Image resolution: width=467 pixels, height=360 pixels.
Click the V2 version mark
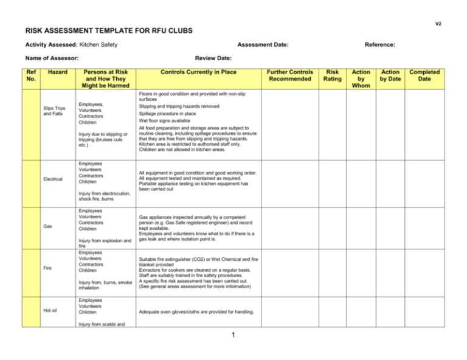pos(438,24)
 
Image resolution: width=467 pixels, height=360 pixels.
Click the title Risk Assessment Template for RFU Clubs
pos(109,30)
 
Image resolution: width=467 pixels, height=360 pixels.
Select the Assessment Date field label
pos(263,44)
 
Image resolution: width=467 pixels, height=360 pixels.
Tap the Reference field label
pos(379,44)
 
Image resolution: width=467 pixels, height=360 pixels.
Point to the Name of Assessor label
pos(52,58)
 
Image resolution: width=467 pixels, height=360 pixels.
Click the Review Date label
pos(213,58)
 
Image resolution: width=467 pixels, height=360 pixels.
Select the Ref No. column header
pos(32,75)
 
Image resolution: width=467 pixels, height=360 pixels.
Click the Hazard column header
pos(58,72)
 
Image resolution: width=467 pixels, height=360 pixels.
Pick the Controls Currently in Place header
pos(198,72)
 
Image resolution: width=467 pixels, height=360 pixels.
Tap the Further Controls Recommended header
pos(291,75)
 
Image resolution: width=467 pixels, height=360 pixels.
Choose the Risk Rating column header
pos(333,75)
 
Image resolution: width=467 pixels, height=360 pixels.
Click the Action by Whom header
pos(361,79)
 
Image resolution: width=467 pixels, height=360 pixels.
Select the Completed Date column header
pos(424,75)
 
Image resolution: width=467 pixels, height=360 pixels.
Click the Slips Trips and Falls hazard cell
pos(54,111)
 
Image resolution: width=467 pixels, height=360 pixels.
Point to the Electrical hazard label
pos(52,179)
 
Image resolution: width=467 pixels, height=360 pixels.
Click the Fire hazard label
pos(47,267)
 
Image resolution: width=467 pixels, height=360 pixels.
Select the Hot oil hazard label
pos(50,310)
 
